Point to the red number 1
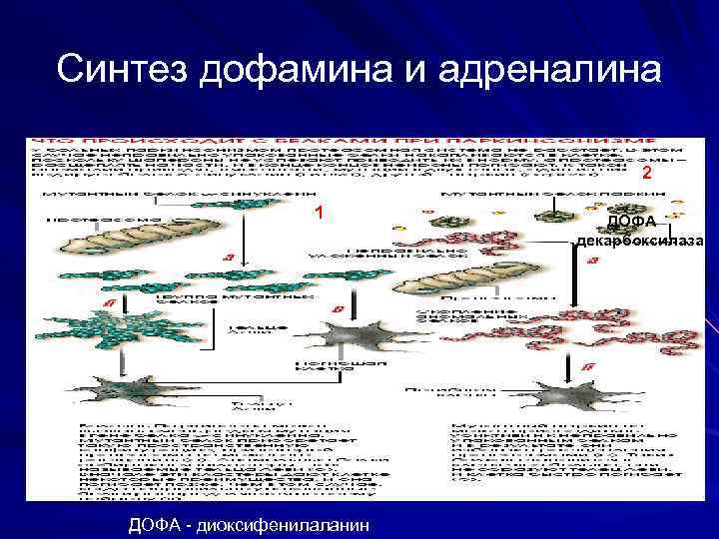pos(318,213)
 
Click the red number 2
pos(646,174)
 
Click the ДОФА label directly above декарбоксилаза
pos(630,221)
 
